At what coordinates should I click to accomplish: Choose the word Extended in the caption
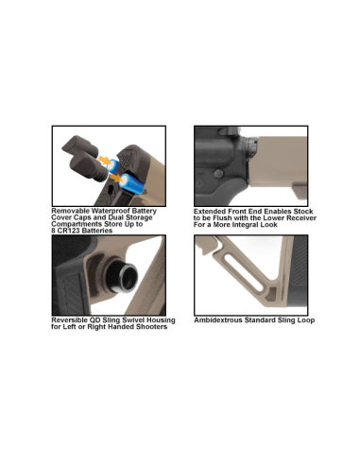[212, 211]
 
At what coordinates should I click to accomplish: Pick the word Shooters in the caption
[149, 327]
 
